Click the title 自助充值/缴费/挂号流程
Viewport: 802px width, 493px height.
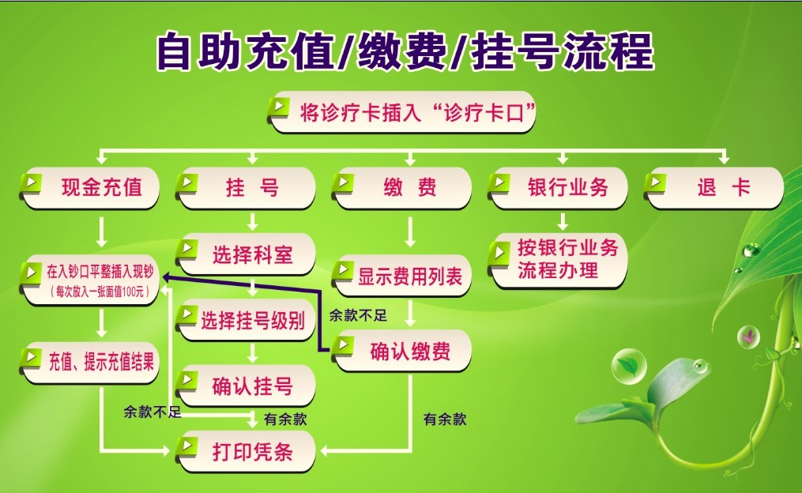coord(405,51)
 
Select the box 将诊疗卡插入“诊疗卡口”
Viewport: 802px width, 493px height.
coord(401,112)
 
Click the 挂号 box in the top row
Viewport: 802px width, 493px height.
coord(246,188)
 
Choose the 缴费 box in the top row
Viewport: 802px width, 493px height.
coord(401,188)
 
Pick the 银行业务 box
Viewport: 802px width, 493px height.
coord(558,188)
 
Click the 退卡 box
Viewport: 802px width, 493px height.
coord(714,188)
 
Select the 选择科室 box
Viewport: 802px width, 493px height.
coord(246,254)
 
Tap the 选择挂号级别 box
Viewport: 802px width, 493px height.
coord(246,321)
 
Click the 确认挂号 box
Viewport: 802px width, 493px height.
coord(246,386)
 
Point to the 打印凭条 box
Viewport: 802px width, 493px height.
coord(246,452)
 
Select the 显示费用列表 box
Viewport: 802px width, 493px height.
coord(401,277)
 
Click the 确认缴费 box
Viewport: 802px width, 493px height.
coord(401,351)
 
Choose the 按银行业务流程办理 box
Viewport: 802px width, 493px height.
coord(558,259)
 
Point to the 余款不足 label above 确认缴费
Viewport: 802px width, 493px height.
coord(358,315)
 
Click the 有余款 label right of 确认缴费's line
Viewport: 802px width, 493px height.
coord(445,420)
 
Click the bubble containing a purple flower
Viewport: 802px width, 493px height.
coord(748,337)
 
